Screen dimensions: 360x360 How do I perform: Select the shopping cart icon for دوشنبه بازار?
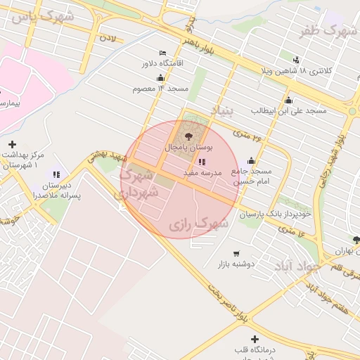(236, 254)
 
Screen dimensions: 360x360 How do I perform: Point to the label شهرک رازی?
(199, 224)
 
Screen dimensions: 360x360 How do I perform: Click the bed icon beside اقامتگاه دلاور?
(163, 53)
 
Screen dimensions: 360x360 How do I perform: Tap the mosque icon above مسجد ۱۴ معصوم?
(160, 78)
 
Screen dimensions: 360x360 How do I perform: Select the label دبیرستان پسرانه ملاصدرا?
(57, 191)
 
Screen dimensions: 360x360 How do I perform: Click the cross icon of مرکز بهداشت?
(12, 144)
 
